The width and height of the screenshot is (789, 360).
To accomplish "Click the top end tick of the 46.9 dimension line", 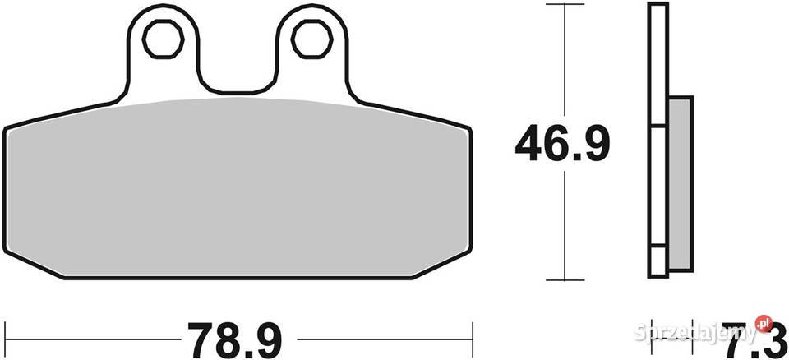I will [x=563, y=4].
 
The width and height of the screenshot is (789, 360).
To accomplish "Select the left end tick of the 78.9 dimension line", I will [x=4, y=336].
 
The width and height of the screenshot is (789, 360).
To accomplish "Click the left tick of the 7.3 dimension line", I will [x=649, y=336].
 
